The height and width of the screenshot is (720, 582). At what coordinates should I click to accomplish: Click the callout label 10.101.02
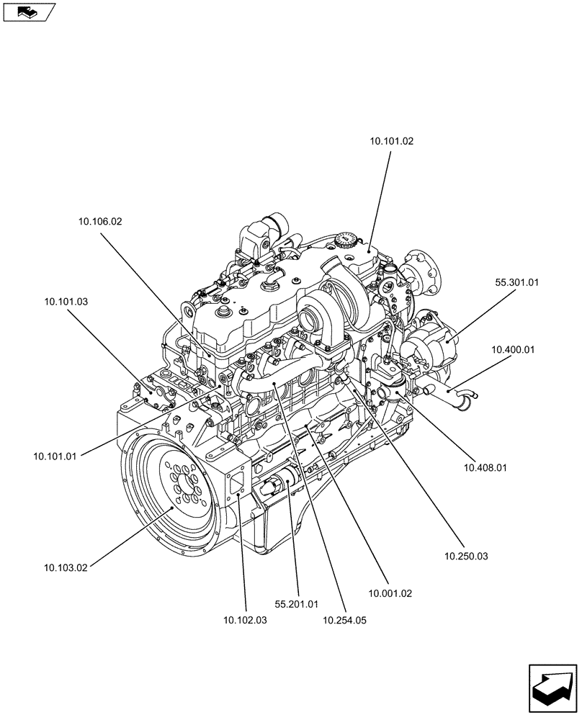(392, 142)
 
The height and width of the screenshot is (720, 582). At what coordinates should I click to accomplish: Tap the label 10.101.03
(66, 302)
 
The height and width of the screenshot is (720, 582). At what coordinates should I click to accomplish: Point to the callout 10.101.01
(55, 455)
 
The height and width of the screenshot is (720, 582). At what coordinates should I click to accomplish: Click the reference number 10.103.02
(66, 568)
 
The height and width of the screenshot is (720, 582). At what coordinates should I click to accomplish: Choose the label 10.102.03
(245, 620)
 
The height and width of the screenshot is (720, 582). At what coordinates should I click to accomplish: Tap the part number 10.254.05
(345, 620)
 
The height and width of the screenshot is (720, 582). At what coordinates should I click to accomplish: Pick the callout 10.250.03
(466, 556)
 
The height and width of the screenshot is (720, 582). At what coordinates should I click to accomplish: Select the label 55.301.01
(516, 283)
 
